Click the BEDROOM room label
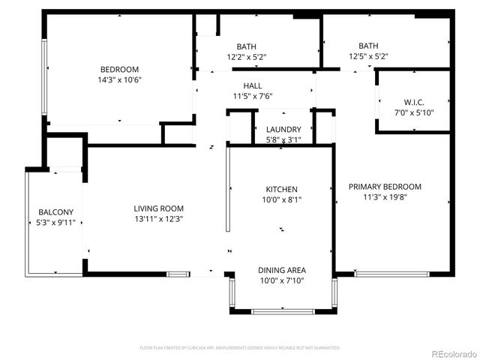(120, 70)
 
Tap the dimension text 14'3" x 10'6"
(120, 79)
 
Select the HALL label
(252, 86)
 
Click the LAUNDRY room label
(283, 130)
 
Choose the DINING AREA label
(282, 270)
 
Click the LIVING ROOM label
(159, 208)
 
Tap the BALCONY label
(55, 212)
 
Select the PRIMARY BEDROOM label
(385, 187)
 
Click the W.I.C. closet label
(414, 102)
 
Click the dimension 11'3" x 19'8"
(385, 197)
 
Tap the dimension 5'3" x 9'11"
(55, 223)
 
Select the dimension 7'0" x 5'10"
(414, 112)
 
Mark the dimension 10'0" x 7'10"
(282, 280)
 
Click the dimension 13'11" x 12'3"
(159, 219)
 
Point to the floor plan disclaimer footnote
(240, 348)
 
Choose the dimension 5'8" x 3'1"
(283, 139)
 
